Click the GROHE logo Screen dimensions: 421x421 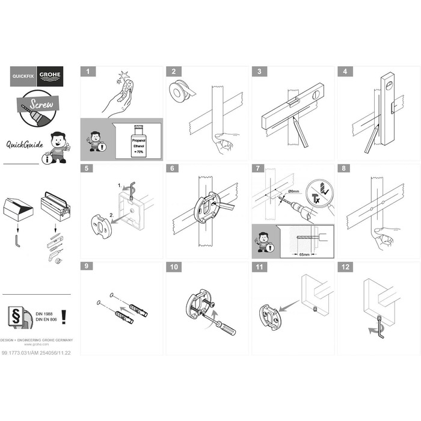click(x=49, y=76)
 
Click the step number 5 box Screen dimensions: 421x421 click(x=87, y=168)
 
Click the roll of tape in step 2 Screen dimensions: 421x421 click(x=180, y=91)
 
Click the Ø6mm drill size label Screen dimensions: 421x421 click(x=294, y=192)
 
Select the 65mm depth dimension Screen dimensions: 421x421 click(x=303, y=254)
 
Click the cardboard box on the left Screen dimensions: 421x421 click(x=17, y=209)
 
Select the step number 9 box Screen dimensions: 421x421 click(x=87, y=266)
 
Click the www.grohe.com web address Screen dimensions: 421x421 click(x=37, y=345)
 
